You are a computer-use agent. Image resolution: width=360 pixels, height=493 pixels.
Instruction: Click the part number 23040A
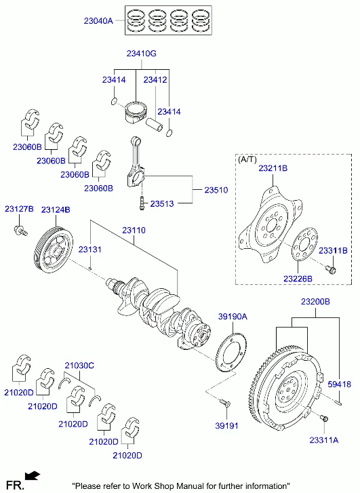(98, 21)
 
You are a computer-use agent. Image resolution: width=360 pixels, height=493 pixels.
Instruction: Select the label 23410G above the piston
(141, 54)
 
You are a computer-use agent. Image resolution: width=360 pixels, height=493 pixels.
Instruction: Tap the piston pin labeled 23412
(154, 124)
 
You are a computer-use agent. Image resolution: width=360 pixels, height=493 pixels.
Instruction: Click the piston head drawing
(136, 113)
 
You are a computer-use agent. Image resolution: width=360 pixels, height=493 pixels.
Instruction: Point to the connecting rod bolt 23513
(142, 203)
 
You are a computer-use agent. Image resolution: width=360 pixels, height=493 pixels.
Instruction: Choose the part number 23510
(216, 190)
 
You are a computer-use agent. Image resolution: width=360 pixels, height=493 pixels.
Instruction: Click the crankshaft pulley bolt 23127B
(21, 231)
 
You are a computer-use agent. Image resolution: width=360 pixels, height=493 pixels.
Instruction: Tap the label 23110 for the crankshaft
(134, 230)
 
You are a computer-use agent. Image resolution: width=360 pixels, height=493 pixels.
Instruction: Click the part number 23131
(90, 250)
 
